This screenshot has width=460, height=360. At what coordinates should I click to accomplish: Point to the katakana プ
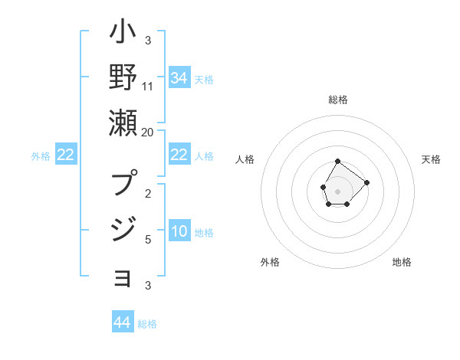point(123,184)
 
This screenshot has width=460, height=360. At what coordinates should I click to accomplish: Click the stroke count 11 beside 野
point(148,86)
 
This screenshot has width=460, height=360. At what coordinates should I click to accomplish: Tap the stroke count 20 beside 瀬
point(147,132)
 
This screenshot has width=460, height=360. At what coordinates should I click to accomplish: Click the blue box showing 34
point(179,78)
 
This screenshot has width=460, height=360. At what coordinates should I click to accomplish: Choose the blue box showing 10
point(179,232)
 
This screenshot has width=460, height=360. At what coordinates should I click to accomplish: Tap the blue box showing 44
point(122,322)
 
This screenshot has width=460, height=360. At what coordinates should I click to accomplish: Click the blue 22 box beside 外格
point(65,155)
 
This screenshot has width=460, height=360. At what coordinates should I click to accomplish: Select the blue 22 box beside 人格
point(179,155)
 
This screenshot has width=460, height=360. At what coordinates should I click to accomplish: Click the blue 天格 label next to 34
point(204,79)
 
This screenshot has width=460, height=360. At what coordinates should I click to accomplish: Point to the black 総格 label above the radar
point(338,100)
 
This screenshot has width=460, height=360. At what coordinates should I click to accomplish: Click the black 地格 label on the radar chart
point(402,262)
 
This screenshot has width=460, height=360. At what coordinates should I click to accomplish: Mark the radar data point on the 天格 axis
point(366,182)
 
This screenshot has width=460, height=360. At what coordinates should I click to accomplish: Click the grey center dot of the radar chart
point(338,190)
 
